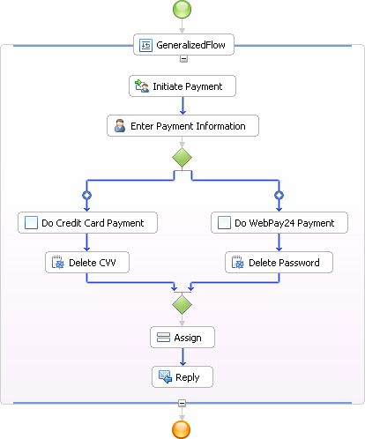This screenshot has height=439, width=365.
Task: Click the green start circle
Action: (182, 9)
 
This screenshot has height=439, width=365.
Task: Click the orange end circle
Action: (181, 429)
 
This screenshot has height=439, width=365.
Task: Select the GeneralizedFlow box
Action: (183, 45)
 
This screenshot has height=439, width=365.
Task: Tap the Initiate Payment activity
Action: (182, 86)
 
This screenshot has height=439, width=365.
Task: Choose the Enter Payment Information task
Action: (182, 126)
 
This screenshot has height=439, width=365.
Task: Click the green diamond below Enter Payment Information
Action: (182, 158)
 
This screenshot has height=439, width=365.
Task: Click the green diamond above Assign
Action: (182, 304)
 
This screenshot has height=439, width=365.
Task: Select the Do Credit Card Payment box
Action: (87, 223)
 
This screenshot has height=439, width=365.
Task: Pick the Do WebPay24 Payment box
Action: (279, 223)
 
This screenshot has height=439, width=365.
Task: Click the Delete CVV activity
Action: (87, 262)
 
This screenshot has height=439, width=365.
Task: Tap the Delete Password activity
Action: (279, 262)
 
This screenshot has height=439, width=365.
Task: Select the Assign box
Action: (182, 338)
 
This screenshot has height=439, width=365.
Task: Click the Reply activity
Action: (182, 377)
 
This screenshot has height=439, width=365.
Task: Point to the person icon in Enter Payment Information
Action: (120, 126)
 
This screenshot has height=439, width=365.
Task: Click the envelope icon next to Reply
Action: (165, 377)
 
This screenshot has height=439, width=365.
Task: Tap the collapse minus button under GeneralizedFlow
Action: (183, 59)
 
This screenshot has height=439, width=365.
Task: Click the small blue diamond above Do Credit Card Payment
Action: (86, 195)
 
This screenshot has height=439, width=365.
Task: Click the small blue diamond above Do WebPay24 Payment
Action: (279, 195)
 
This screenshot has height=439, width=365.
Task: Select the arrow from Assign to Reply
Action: (182, 357)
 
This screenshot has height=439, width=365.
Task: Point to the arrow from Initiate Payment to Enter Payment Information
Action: (182, 106)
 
